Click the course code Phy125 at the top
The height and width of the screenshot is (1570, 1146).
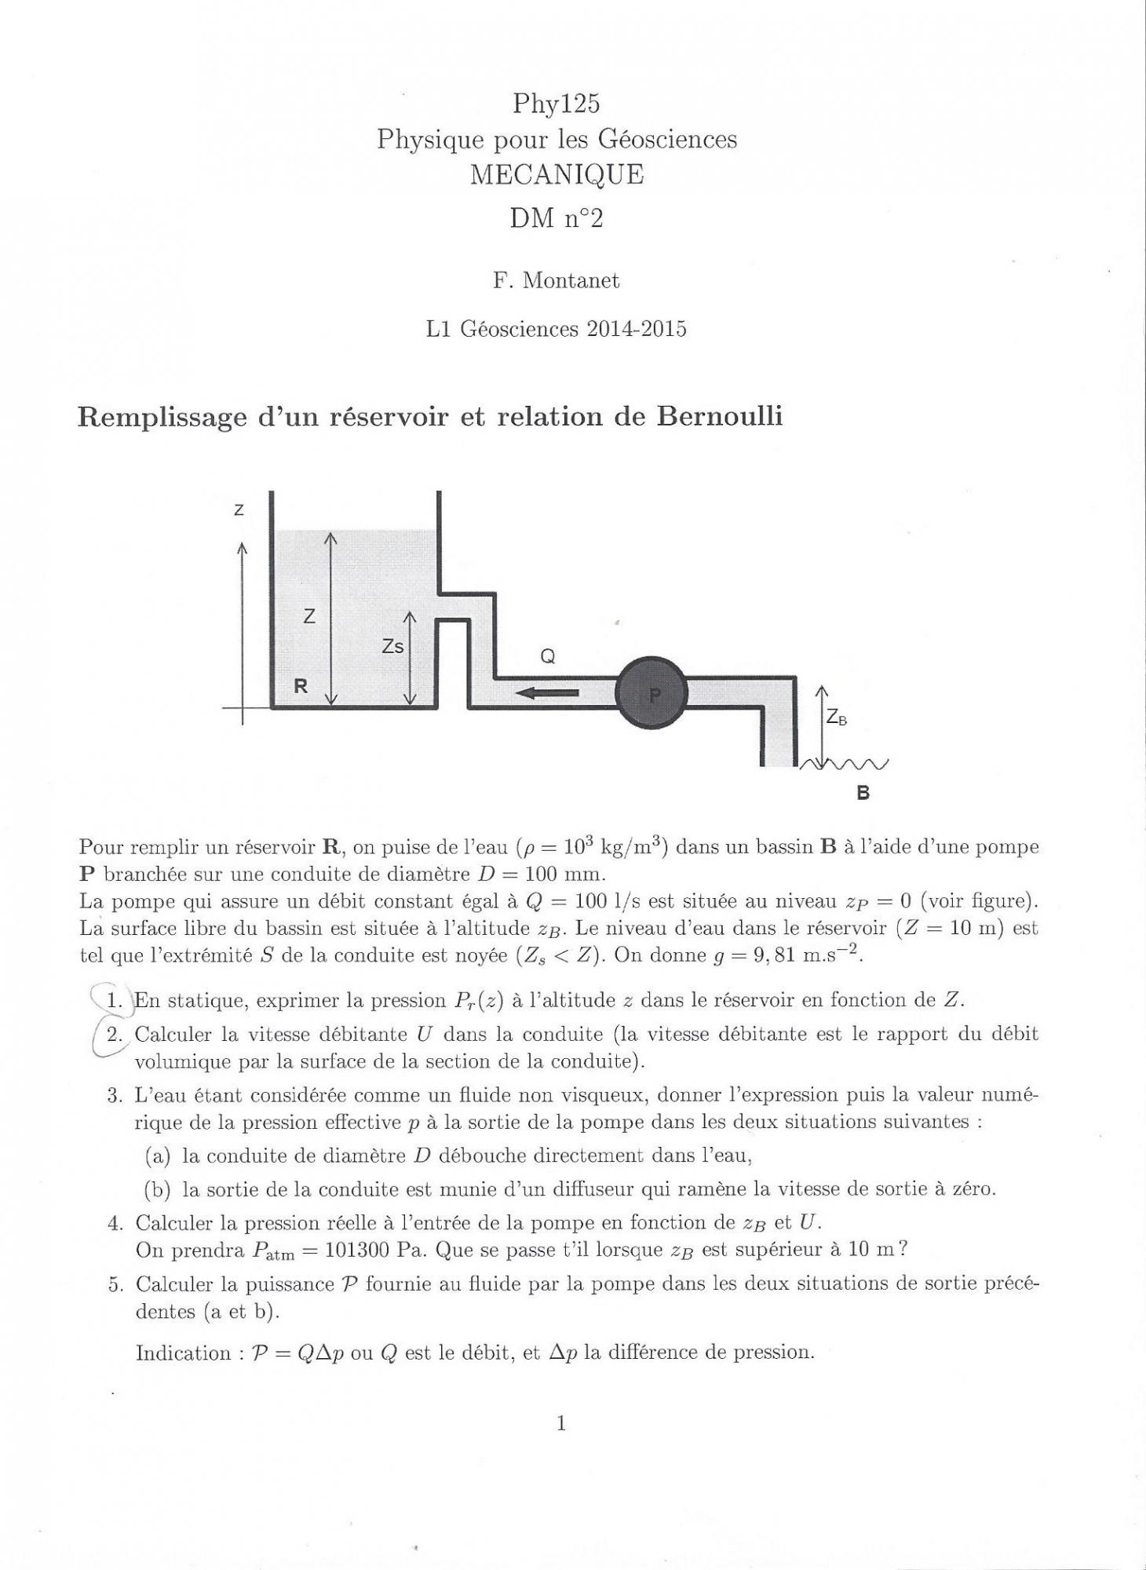pos(557,103)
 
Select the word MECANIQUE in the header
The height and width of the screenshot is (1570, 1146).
pos(557,174)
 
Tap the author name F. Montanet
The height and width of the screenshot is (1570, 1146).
pos(556,280)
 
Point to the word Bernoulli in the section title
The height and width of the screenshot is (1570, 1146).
pos(720,416)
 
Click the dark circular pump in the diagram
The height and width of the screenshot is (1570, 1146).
pos(651,693)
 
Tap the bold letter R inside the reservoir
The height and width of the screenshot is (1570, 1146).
pos(301,686)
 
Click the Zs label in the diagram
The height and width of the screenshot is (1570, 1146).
pos(392,646)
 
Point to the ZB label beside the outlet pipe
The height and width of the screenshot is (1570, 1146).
pos(837,717)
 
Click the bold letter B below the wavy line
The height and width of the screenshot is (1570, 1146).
pos(863,793)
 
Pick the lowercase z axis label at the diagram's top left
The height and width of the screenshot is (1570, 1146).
pos(239,510)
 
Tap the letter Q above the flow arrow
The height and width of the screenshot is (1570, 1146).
pos(548,657)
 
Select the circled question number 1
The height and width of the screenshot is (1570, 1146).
pos(115,1000)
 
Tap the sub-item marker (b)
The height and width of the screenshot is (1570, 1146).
pos(158,1189)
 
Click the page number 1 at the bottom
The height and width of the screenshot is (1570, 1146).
pos(561,1422)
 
